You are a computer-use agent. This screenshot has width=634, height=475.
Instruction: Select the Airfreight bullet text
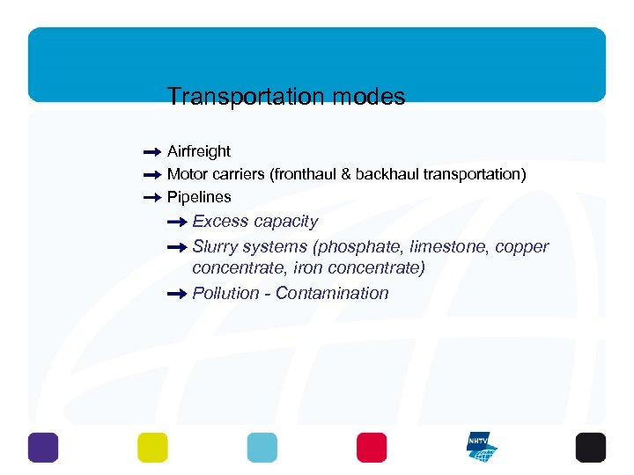tap(199, 151)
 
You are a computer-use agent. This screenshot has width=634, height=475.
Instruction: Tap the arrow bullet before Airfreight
tap(151, 151)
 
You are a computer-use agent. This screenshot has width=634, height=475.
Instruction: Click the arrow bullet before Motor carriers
tap(151, 174)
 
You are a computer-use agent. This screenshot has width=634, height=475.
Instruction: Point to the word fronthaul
tap(309, 174)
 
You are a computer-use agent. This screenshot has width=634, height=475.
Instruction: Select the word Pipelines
tap(199, 197)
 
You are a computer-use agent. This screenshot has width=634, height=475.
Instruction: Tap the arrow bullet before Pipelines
tap(151, 197)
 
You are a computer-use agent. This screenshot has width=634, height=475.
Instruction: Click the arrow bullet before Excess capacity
tap(176, 222)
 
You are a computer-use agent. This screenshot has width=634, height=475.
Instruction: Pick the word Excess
tap(217, 222)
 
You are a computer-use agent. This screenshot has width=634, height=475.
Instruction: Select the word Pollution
tap(225, 294)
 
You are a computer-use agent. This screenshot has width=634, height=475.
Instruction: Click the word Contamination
tap(332, 294)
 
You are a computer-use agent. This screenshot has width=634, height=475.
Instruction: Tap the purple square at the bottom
tap(42, 447)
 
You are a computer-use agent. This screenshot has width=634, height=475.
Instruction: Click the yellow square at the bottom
tap(152, 447)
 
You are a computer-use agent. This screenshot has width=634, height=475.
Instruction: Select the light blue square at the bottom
tap(262, 447)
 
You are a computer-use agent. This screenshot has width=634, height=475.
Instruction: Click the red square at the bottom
tap(372, 447)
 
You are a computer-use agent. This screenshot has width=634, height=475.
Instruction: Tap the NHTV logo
tap(482, 447)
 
